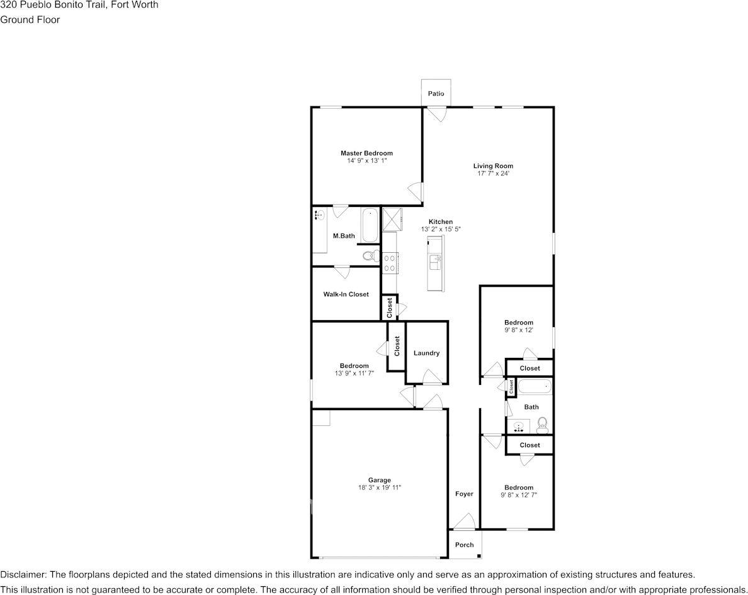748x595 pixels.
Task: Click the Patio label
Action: click(436, 94)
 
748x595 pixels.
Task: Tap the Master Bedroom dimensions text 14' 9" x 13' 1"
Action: click(366, 161)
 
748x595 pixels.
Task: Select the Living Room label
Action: click(489, 166)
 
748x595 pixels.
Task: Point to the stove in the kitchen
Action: click(390, 262)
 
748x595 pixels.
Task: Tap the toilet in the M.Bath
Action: click(371, 255)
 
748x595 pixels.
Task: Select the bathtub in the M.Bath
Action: click(370, 225)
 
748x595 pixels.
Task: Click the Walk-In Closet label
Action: click(346, 294)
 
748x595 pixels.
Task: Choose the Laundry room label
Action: click(426, 353)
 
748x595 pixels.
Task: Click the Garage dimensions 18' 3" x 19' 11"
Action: click(380, 488)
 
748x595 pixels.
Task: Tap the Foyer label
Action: click(464, 494)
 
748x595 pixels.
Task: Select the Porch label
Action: click(464, 545)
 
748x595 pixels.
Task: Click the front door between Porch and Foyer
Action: click(464, 522)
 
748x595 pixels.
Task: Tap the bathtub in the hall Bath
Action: click(534, 387)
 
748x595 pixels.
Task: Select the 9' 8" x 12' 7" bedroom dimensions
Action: click(519, 495)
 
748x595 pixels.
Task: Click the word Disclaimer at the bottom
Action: click(22, 575)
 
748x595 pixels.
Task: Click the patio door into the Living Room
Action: click(435, 114)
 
